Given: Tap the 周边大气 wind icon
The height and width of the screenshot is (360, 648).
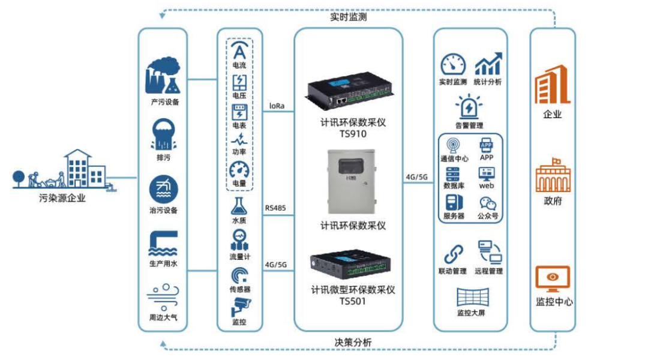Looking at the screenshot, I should [x=163, y=296].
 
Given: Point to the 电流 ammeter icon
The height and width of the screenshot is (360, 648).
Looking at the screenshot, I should [x=239, y=50].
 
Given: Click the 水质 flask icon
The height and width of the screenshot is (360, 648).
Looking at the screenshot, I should [x=239, y=206].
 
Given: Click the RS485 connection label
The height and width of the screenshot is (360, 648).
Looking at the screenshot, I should [x=275, y=209].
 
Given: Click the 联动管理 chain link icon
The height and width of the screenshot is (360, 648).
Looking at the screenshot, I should [x=452, y=253].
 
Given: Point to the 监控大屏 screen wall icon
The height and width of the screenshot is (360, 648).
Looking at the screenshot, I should [x=472, y=297].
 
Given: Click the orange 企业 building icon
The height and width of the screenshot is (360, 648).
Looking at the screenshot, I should [x=552, y=84].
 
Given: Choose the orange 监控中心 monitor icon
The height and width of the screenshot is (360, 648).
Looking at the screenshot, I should [x=552, y=280].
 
